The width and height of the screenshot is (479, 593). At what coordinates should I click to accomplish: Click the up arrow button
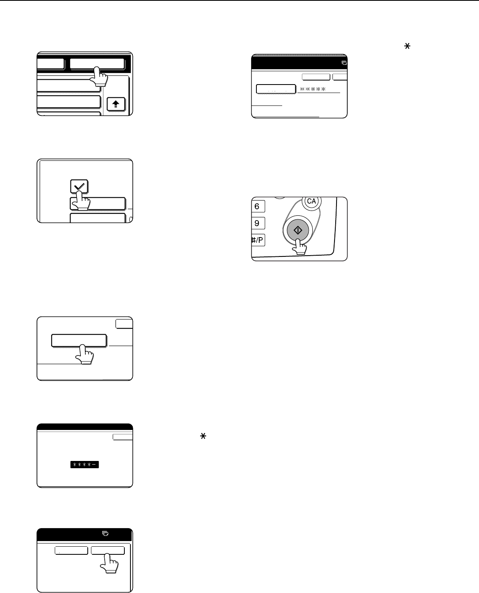click(116, 104)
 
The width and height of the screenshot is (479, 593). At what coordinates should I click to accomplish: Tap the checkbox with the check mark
click(79, 186)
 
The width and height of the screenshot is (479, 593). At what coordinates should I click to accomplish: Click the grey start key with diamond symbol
click(298, 230)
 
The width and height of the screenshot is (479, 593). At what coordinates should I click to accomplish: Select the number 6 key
click(258, 206)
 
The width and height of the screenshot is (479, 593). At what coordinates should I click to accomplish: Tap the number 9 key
click(258, 223)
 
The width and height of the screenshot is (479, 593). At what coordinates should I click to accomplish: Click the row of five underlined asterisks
click(313, 89)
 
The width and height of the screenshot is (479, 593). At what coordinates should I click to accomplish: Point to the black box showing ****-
click(85, 465)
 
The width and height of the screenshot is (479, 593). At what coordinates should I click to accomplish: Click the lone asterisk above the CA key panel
click(407, 46)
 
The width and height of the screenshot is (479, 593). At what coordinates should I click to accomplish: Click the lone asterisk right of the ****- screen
click(203, 436)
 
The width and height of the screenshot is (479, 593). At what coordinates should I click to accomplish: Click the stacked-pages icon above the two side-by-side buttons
click(105, 533)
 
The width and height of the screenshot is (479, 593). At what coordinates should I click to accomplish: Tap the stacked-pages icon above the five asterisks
click(344, 63)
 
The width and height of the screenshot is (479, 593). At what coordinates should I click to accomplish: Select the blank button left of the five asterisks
click(276, 89)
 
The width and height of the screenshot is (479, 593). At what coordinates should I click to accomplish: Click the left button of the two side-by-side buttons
click(71, 550)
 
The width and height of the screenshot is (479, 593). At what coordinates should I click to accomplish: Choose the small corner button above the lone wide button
click(124, 324)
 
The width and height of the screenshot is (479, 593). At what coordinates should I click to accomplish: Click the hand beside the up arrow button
click(99, 76)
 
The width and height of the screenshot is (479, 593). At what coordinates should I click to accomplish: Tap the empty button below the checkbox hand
click(98, 218)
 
